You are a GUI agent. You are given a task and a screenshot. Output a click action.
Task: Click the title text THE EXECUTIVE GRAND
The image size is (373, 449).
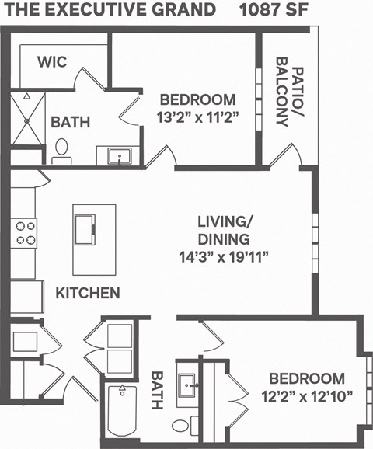pos(110,10)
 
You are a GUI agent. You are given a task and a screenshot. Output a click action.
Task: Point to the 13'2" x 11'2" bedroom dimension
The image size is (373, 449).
pos(197,117)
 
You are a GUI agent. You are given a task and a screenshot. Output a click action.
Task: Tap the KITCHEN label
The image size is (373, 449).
pos(88,293)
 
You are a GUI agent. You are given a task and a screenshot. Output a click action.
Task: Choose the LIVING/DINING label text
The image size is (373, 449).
pos(221,230)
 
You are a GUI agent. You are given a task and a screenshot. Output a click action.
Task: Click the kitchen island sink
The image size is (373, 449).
pos(85,228)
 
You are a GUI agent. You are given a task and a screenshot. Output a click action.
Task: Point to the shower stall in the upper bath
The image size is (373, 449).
pos(26,120)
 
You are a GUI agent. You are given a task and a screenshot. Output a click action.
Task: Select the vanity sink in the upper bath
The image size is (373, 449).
pos(120,157)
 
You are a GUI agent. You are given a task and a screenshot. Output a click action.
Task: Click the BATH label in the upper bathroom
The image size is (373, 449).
pos(71,122)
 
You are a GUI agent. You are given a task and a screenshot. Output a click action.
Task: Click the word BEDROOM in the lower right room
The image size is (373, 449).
pos(307,379)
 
